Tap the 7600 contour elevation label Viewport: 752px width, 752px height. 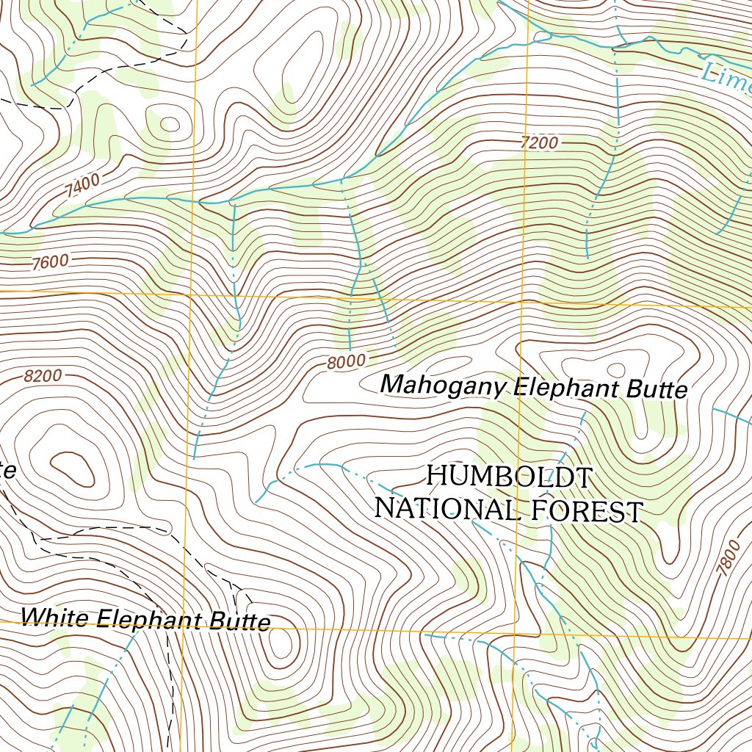50,262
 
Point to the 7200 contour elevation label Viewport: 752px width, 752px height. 539,143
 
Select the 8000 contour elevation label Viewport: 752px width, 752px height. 347,361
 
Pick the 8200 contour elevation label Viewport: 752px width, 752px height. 43,377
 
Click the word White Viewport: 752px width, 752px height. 54,616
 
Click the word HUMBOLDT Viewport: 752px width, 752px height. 509,477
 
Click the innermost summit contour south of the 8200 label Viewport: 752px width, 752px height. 72,468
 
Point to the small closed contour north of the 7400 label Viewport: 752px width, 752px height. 169,124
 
